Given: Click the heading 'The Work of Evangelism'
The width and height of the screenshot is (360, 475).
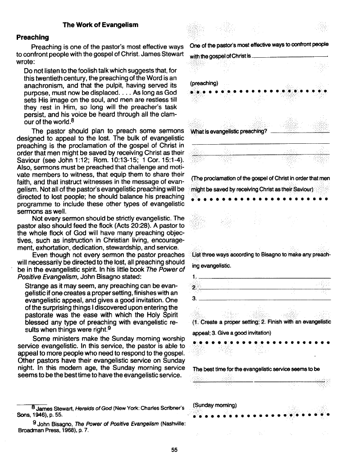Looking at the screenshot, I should coord(100,24).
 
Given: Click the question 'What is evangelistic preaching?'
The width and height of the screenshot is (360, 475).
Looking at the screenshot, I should coord(229,132).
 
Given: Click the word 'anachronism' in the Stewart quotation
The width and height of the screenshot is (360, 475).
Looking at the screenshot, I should coord(45,85).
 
